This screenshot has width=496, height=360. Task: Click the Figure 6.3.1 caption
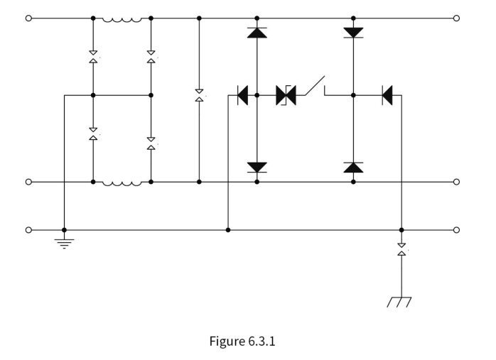pos(242,342)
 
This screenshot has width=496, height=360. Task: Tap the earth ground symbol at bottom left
pos(64,244)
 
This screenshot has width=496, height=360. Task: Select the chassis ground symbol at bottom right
pos(399,302)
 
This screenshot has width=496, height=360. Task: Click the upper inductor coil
pos(122,20)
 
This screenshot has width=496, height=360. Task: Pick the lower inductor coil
pos(122,184)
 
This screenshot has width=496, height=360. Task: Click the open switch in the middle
pos(315,86)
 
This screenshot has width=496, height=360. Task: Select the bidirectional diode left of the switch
pos(286,95)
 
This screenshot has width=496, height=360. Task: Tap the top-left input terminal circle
pos(28,18)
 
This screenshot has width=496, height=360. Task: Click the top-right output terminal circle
pos(456,18)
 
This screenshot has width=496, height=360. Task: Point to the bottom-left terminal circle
pos(28,230)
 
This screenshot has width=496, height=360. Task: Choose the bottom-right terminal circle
pos(456,230)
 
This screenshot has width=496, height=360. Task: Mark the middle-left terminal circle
pos(28,182)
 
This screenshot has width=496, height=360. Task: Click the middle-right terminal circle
pos(456,182)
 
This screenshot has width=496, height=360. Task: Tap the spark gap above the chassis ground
pos(401,249)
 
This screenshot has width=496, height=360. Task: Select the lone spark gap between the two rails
pos(199,95)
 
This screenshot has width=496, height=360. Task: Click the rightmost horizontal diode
pos(387,95)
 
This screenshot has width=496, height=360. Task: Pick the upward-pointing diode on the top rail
pos(257,33)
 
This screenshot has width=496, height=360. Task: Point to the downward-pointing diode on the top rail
pos(353,33)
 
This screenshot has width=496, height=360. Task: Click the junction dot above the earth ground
pos(64,230)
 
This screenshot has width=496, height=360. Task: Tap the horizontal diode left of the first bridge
pos(242,95)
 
